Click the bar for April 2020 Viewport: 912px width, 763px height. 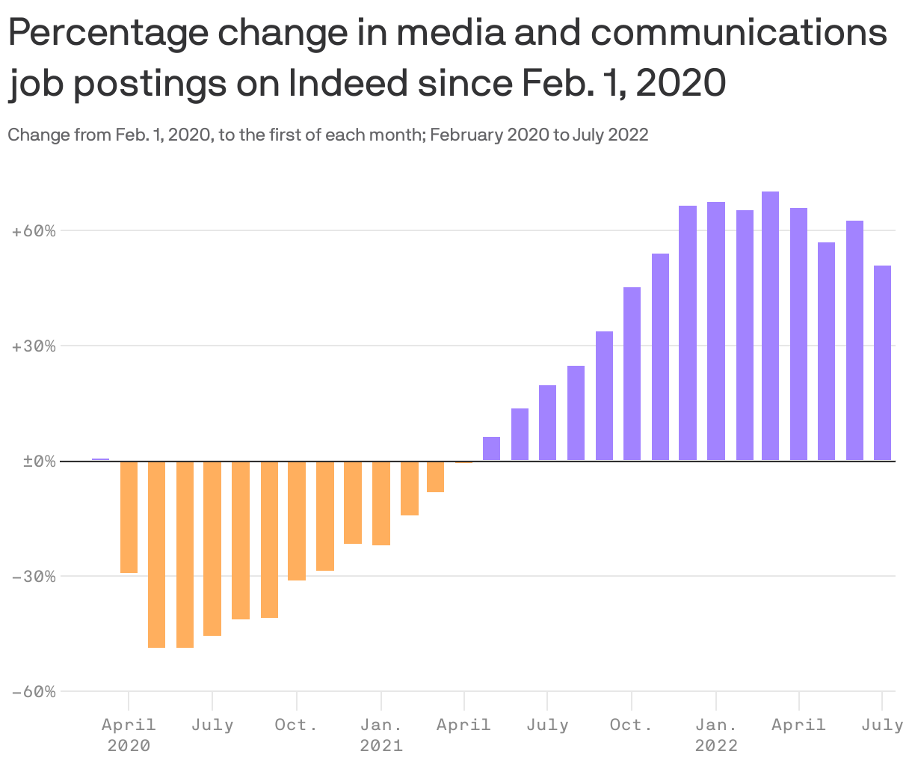click(129, 517)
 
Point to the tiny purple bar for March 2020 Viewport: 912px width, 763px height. click(100, 459)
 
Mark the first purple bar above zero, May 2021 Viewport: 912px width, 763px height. click(491, 448)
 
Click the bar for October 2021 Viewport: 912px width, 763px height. click(632, 373)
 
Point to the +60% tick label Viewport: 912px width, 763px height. click(34, 231)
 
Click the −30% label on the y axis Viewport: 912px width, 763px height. click(34, 577)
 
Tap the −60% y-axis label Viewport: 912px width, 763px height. click(34, 692)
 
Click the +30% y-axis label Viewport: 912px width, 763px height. click(34, 346)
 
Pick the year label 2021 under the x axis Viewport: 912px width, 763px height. click(381, 746)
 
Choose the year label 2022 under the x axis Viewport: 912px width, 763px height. click(716, 746)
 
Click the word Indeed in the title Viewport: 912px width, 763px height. click(348, 83)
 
